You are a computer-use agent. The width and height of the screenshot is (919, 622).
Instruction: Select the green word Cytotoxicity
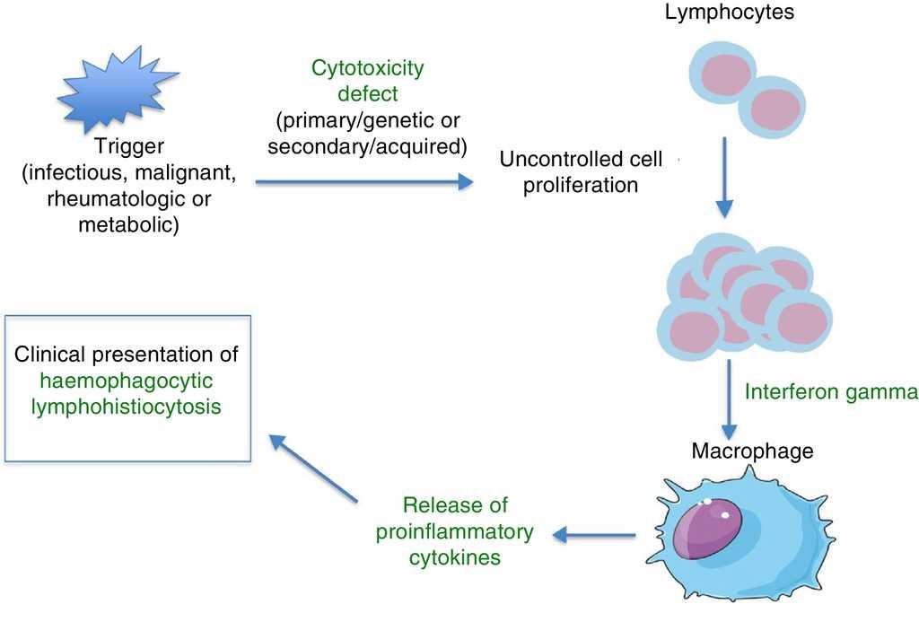367,67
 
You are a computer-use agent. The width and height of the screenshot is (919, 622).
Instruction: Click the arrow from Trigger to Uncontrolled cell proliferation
364,182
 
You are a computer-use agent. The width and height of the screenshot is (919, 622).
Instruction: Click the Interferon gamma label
831,392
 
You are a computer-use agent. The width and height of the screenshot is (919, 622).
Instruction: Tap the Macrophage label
752,451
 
